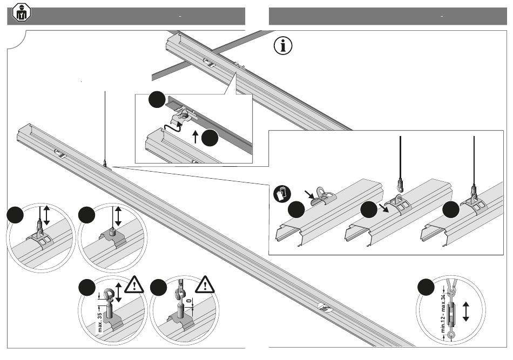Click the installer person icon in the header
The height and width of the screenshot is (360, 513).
click(22, 12)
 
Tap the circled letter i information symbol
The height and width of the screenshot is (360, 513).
click(282, 46)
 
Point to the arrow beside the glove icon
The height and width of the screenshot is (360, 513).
click(308, 194)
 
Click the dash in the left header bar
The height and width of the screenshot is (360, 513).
click(179, 17)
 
